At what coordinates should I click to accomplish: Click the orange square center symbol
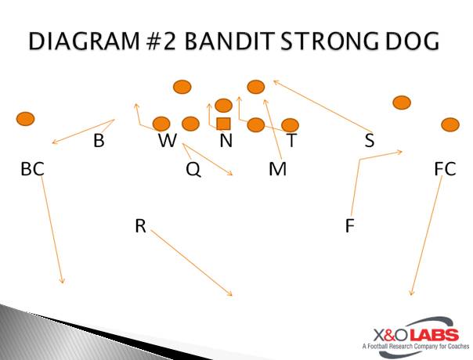click(x=223, y=124)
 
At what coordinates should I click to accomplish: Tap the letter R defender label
click(x=140, y=226)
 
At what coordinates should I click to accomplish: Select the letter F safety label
click(x=349, y=226)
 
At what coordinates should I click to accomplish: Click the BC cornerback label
click(x=32, y=169)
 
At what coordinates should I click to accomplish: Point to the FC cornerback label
click(x=445, y=169)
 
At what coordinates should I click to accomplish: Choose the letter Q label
click(x=193, y=170)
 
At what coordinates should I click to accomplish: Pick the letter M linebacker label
click(x=277, y=169)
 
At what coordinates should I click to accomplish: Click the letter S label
click(x=370, y=140)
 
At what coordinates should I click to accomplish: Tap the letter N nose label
click(x=226, y=140)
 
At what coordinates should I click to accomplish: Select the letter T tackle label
click(x=291, y=140)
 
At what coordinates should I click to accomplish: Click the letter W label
click(x=168, y=140)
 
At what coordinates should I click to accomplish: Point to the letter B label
click(x=99, y=140)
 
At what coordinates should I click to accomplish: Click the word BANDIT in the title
click(x=229, y=41)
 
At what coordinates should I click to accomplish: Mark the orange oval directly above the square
click(x=223, y=106)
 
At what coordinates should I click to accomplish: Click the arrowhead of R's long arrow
click(x=230, y=294)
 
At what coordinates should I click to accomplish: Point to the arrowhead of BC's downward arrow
click(x=63, y=281)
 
